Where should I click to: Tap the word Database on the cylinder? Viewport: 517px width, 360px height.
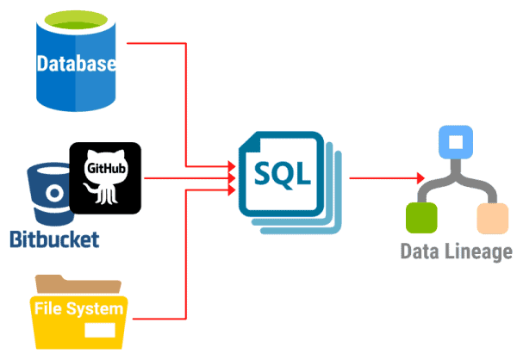coord(75,64)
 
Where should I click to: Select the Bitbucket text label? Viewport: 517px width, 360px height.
coord(54,239)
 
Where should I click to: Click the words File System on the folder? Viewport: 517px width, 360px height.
coord(78,308)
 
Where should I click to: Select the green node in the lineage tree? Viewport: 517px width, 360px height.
coord(419,218)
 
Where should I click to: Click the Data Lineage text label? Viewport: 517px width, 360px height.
coord(456,251)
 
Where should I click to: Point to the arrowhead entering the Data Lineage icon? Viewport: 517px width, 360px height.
coord(420,177)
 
